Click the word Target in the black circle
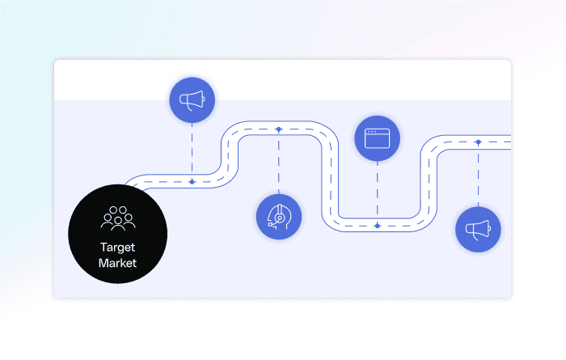click(x=118, y=248)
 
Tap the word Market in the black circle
click(x=118, y=263)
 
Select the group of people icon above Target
click(x=118, y=218)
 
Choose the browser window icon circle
click(x=378, y=138)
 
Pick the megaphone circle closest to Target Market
click(x=192, y=101)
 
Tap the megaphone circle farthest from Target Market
click(x=478, y=229)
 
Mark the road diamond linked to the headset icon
click(x=279, y=129)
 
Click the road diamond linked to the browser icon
click(x=378, y=225)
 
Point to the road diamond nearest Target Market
click(x=192, y=181)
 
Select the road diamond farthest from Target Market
click(x=478, y=142)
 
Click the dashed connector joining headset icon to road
click(x=279, y=162)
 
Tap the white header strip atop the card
click(x=283, y=79)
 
